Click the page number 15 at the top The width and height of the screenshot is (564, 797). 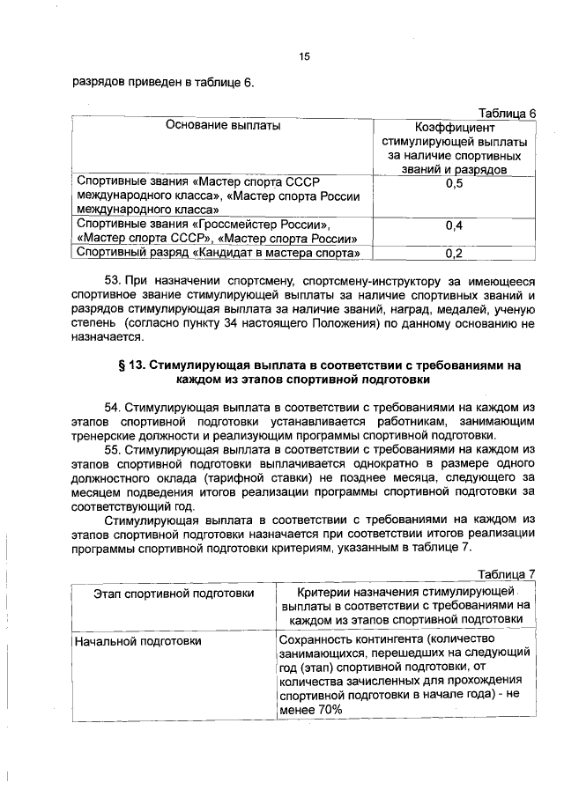tap(304, 57)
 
